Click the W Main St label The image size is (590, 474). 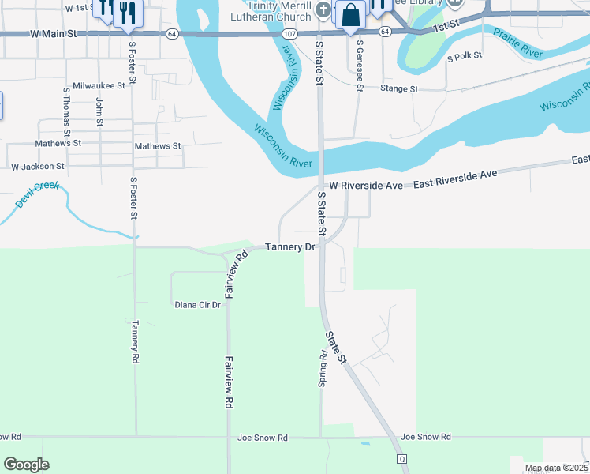tap(54, 34)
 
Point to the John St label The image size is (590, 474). tap(99, 111)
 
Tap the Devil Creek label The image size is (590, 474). tap(37, 194)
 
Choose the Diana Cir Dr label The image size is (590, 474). tap(197, 304)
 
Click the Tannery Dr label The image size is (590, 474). tap(289, 247)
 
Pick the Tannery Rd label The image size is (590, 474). tap(136, 341)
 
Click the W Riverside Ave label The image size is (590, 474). tap(366, 185)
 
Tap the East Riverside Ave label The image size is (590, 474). tap(452, 175)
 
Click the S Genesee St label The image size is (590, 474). tap(360, 64)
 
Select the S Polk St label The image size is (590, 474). tap(464, 58)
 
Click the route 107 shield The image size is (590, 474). tap(289, 34)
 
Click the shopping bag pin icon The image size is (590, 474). tap(349, 14)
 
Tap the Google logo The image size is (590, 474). tap(27, 465)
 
